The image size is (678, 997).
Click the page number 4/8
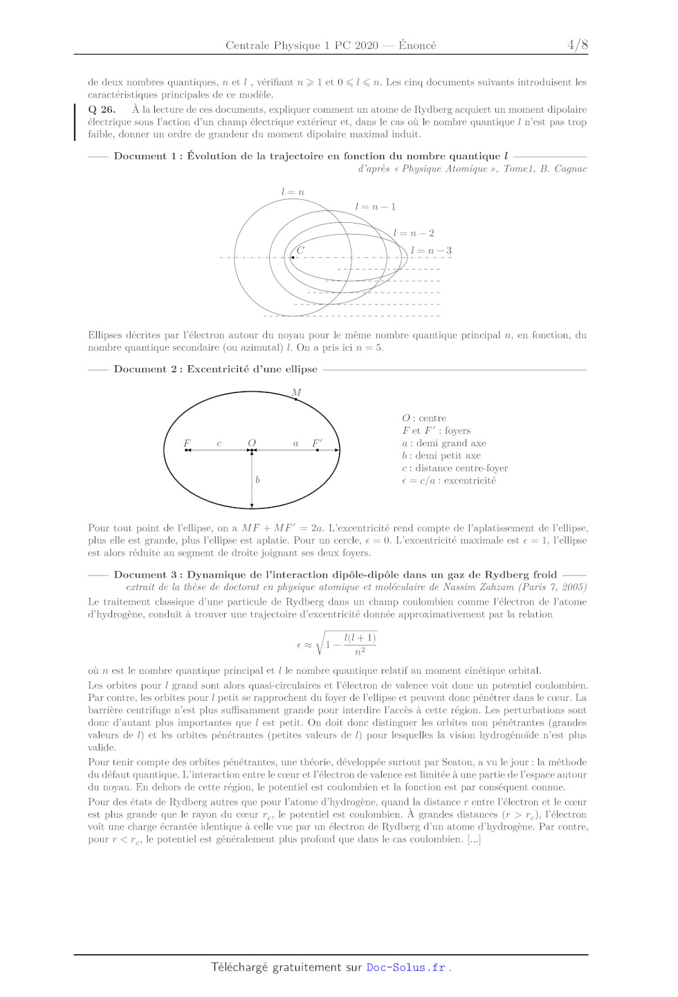[x=577, y=45]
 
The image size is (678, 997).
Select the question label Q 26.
[x=102, y=109]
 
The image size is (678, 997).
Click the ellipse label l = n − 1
[x=375, y=207]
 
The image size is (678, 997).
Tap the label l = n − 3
[x=431, y=250]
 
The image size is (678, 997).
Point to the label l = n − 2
[x=414, y=233]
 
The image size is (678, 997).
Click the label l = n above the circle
[x=293, y=192]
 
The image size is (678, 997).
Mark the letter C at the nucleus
[x=300, y=250]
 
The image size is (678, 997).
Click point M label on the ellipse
[x=296, y=392]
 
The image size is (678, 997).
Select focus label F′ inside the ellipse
[x=317, y=443]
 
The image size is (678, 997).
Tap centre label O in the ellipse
[x=252, y=443]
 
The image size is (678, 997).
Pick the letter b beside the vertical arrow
[x=257, y=479]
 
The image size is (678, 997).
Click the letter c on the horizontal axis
[x=219, y=443]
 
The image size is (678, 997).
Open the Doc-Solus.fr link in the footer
[x=405, y=967]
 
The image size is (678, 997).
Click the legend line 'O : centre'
[x=424, y=418]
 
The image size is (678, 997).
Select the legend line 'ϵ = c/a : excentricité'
[x=449, y=481]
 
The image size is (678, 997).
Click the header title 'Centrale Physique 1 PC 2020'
[x=302, y=46]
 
